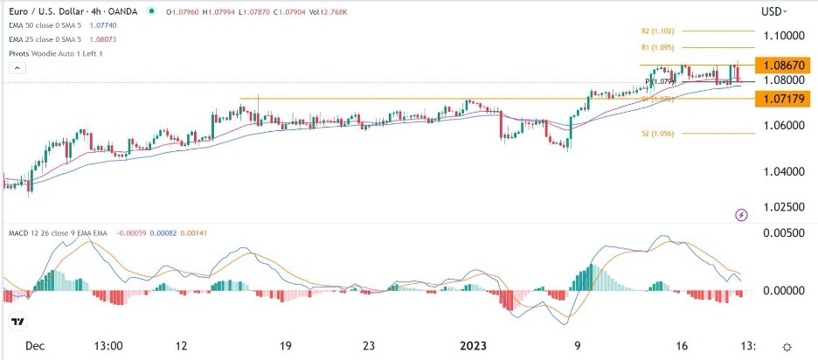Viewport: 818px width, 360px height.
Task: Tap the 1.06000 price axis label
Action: tap(784, 126)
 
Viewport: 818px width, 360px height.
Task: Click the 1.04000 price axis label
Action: tap(784, 172)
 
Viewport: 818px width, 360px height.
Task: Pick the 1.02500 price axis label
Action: tap(784, 207)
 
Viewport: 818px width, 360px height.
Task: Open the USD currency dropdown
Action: tap(773, 11)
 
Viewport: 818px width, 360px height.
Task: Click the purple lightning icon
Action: tap(742, 214)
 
